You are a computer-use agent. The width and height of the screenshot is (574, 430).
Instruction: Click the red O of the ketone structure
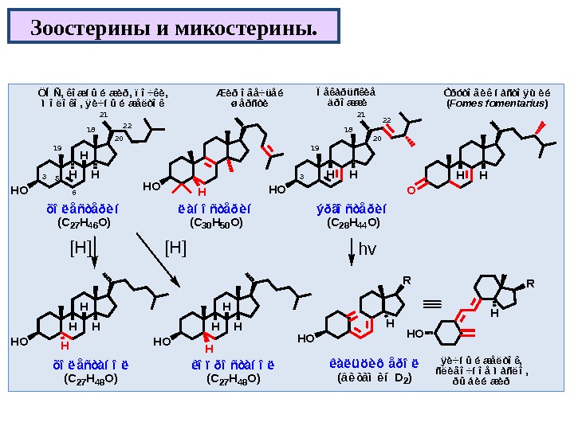pyautogui.click(x=411, y=190)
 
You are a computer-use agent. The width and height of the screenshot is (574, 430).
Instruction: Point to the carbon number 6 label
pyautogui.click(x=73, y=192)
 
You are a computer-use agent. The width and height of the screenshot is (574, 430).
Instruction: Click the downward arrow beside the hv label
pyautogui.click(x=352, y=255)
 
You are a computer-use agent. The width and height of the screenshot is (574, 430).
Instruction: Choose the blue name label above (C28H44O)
pyautogui.click(x=352, y=210)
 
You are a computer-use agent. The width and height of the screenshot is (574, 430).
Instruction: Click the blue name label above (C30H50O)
pyautogui.click(x=215, y=210)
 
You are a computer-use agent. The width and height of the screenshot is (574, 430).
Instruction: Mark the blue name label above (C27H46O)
pyautogui.click(x=85, y=210)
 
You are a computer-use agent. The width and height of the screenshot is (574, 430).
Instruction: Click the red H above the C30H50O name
pyautogui.click(x=202, y=192)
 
